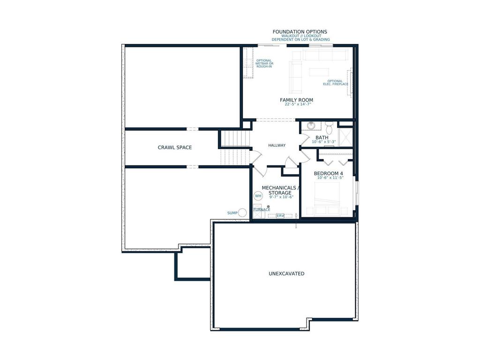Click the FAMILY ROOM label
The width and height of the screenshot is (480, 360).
point(296,100)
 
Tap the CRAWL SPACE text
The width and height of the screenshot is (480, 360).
point(174,147)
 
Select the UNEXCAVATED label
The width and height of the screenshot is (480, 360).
point(286,273)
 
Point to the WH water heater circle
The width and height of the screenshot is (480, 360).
point(258,196)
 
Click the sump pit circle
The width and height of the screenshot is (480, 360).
point(242,213)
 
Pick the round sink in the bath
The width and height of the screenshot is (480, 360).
point(311,126)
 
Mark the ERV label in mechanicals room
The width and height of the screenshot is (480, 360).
point(280,216)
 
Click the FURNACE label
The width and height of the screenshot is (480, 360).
point(262,210)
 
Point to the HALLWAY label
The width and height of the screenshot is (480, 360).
point(277,145)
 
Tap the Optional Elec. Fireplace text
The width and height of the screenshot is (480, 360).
point(336,82)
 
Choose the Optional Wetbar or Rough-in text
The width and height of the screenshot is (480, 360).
point(264,64)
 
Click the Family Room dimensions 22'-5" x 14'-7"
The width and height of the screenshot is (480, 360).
point(298,105)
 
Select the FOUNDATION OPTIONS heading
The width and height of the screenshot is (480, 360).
point(300,32)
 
